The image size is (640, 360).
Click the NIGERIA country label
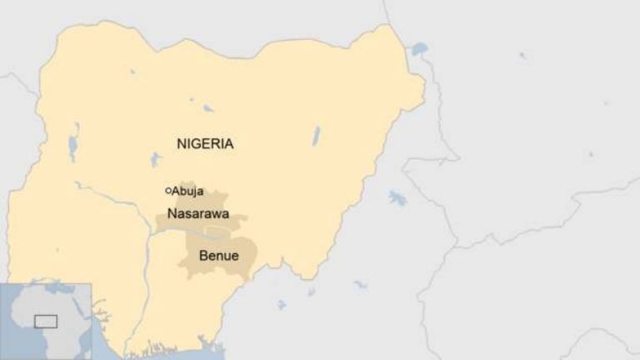[205, 143]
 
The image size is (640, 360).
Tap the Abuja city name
[187, 191]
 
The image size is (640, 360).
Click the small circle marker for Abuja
[167, 191]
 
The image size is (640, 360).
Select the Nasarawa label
[198, 213]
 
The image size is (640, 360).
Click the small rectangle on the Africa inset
[45, 321]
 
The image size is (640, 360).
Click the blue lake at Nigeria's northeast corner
[418, 49]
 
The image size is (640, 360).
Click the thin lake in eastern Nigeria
[316, 136]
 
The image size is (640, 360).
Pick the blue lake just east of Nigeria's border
[397, 197]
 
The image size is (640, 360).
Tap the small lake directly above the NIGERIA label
[207, 107]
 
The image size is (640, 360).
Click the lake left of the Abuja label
[154, 159]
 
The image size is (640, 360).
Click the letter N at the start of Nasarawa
[172, 213]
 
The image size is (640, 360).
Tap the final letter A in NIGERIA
[228, 143]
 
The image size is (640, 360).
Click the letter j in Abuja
[192, 192]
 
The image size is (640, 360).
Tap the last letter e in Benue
[234, 256]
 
